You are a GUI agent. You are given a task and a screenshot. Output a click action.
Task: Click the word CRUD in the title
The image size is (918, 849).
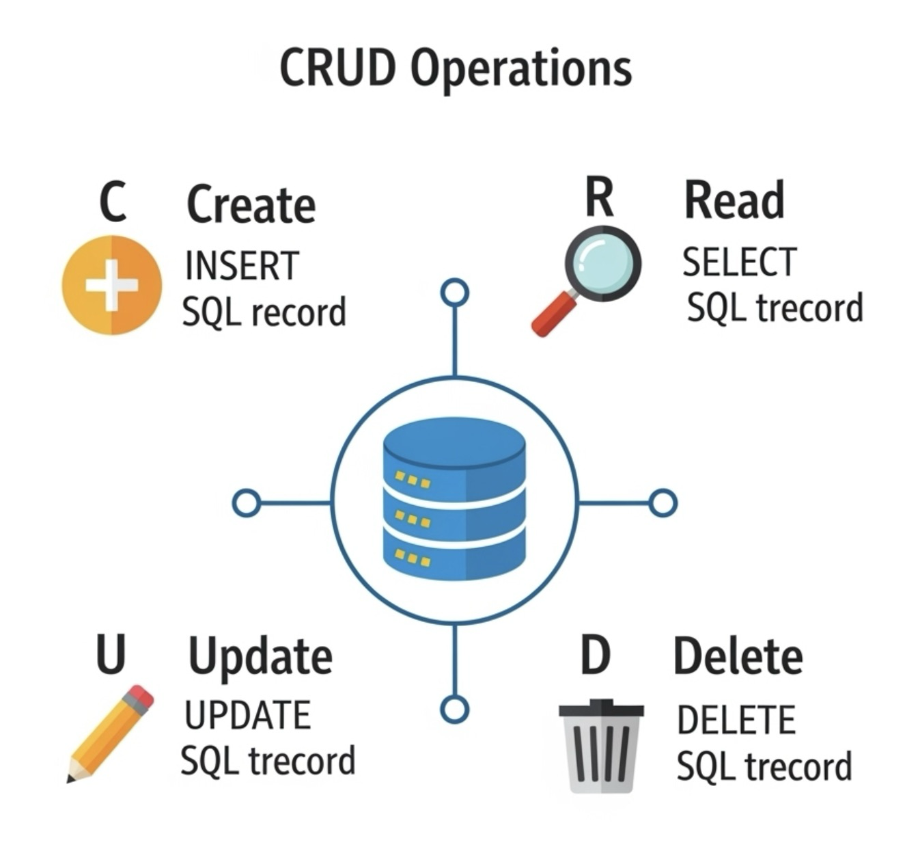[x=337, y=67]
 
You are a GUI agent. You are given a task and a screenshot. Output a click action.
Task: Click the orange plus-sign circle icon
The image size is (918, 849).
[x=112, y=284]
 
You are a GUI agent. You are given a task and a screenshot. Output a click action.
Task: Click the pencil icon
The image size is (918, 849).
[x=111, y=733]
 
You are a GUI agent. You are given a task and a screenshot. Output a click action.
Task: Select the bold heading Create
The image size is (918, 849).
[x=251, y=204]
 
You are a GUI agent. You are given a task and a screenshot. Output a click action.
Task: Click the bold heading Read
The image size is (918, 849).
[x=734, y=200]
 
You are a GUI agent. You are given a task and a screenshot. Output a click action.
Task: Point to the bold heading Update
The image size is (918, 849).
[x=260, y=657]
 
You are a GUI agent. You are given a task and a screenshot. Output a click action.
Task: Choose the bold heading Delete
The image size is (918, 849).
[x=738, y=656]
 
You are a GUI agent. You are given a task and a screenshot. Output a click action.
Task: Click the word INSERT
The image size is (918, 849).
[x=242, y=266]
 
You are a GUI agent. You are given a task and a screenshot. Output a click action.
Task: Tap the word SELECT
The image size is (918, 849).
[x=739, y=262]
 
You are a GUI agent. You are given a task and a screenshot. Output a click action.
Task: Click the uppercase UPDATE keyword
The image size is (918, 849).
[x=247, y=716]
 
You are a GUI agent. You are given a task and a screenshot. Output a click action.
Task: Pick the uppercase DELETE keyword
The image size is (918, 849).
[x=736, y=720]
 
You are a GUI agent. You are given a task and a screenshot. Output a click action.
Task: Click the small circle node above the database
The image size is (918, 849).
[x=454, y=293]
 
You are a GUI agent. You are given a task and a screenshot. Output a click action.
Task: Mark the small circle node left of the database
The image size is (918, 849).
[x=246, y=503]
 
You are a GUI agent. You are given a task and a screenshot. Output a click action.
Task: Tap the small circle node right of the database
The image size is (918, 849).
[x=663, y=503]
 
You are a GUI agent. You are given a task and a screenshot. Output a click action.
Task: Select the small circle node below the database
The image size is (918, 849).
[x=454, y=709]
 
